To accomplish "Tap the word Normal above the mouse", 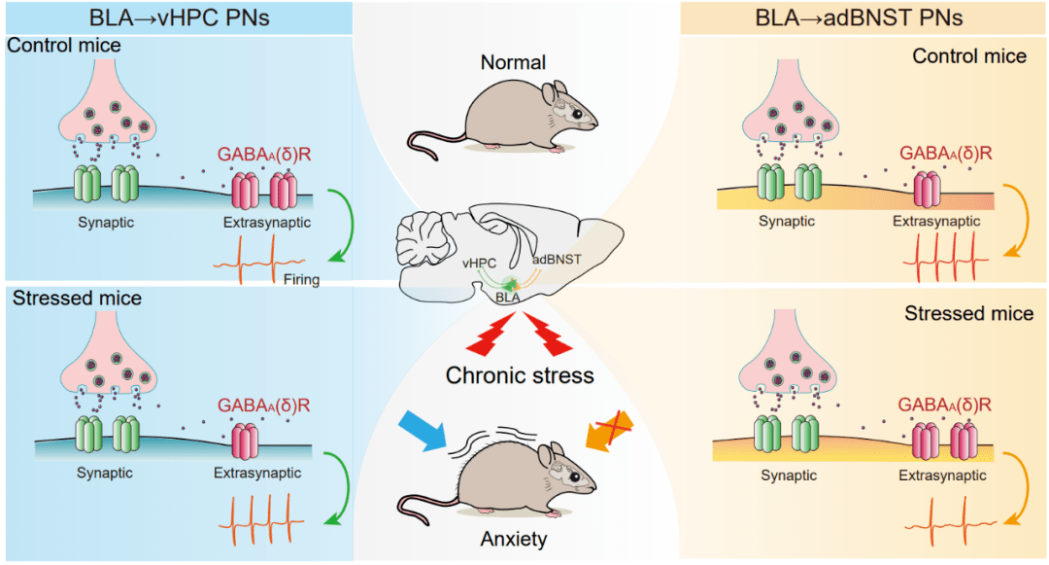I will coord(513,64).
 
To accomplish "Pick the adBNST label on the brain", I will coord(557,261).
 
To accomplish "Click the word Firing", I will coord(303,279).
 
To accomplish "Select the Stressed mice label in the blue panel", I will coord(77,299).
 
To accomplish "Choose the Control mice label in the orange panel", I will coord(968,56).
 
